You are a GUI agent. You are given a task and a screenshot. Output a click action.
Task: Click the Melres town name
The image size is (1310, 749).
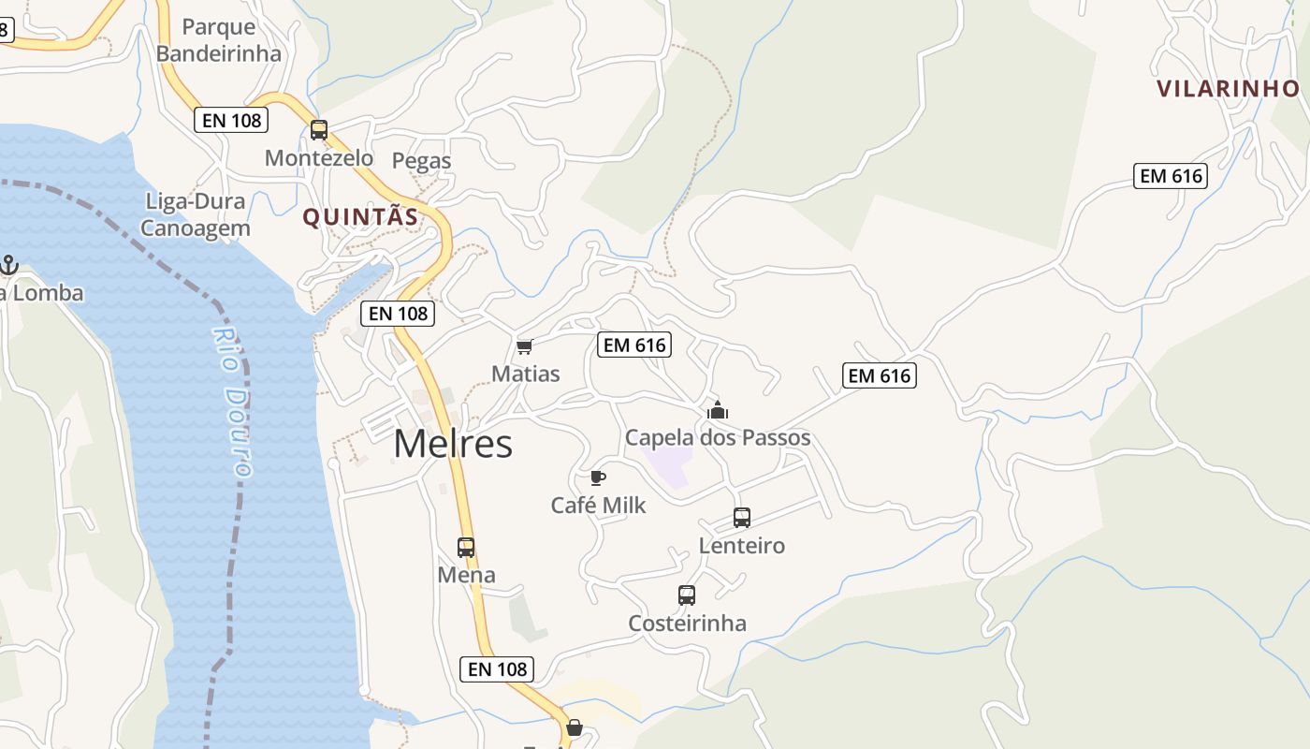pos(453,444)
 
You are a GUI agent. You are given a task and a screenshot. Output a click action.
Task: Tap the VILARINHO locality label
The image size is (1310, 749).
pos(1228,89)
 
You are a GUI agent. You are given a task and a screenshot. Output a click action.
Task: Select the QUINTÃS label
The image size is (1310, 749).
pos(360,217)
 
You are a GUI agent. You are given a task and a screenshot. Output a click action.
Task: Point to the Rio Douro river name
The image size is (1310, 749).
pos(233,403)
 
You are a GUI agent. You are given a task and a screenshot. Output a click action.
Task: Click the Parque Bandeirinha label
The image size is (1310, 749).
pos(219,40)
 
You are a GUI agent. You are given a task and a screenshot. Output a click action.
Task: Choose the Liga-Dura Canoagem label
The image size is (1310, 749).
pos(195,214)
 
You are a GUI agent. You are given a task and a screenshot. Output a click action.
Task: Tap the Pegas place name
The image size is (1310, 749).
pos(421,161)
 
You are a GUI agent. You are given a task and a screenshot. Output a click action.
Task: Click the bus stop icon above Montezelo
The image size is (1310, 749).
pos(319,130)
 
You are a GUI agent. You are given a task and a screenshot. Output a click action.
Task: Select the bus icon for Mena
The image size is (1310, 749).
pos(466,548)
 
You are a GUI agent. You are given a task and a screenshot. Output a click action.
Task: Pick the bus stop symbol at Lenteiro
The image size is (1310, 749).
pos(742,518)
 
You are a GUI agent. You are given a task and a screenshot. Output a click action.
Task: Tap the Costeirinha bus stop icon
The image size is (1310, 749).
pos(687,595)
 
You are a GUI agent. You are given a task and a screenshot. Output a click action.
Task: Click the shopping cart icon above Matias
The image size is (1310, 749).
pos(525,347)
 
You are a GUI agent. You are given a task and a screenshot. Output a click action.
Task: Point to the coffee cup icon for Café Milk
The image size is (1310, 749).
pos(598,478)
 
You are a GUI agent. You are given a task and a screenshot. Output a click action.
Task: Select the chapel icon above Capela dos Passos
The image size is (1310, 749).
pos(718,410)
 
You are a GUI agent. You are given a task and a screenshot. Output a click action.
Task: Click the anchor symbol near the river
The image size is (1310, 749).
pos(8,266)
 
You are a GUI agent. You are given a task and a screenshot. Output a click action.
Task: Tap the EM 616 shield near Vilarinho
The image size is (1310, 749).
pos(1170,176)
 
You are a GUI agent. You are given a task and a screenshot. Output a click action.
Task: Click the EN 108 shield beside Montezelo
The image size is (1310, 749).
pos(231,120)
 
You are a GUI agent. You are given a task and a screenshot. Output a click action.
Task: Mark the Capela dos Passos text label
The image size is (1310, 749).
pos(718,438)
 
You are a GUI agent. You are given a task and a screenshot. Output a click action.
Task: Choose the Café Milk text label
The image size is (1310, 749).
pos(598,506)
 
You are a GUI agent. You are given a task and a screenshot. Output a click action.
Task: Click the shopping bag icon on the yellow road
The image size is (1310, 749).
pos(574,727)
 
